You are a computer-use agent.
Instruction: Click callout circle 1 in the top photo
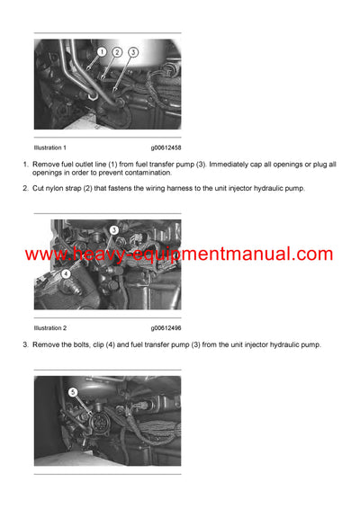click(x=102, y=52)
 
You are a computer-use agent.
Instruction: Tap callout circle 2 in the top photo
click(x=118, y=52)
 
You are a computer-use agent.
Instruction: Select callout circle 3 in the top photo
click(x=133, y=52)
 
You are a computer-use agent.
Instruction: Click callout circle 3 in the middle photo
click(x=113, y=231)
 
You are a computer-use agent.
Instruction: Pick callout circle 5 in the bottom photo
click(x=73, y=391)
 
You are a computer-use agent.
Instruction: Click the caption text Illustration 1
click(x=50, y=146)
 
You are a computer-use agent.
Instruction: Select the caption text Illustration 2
click(x=50, y=328)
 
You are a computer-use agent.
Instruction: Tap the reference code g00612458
click(x=166, y=146)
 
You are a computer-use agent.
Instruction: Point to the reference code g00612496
click(x=166, y=328)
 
